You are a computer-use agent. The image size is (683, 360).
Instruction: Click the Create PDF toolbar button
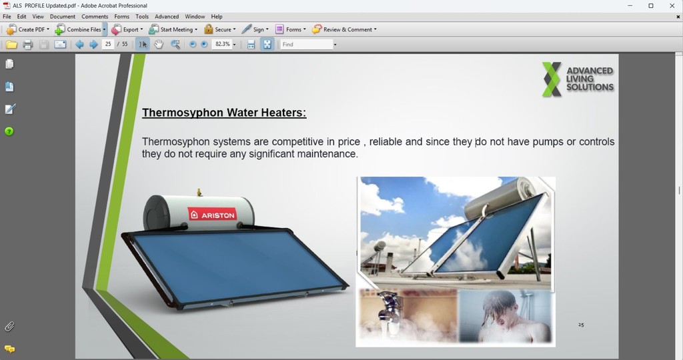[x=27, y=29]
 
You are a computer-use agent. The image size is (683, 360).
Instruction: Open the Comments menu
[x=95, y=17]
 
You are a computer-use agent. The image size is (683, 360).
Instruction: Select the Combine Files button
[x=80, y=29]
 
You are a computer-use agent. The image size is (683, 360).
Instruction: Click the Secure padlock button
[x=220, y=29]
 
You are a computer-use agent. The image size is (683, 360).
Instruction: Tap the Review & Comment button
[x=344, y=29]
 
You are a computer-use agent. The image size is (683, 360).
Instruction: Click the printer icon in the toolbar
[x=28, y=45]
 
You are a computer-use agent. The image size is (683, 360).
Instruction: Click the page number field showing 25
[x=108, y=44]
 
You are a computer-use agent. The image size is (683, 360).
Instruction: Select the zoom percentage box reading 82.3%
[x=222, y=44]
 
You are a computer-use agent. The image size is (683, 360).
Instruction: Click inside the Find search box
[x=307, y=45]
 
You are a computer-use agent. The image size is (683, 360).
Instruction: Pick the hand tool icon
[x=159, y=45]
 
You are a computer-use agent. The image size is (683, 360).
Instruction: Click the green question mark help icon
[x=9, y=131]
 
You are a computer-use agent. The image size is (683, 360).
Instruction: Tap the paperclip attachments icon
[x=9, y=326]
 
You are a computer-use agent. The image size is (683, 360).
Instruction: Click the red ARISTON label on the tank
[x=212, y=215]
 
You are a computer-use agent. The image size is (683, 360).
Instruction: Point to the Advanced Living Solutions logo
[x=578, y=79]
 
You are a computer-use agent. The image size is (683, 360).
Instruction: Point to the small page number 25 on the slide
[x=581, y=325]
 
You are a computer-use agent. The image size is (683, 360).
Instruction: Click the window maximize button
[x=651, y=5]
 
